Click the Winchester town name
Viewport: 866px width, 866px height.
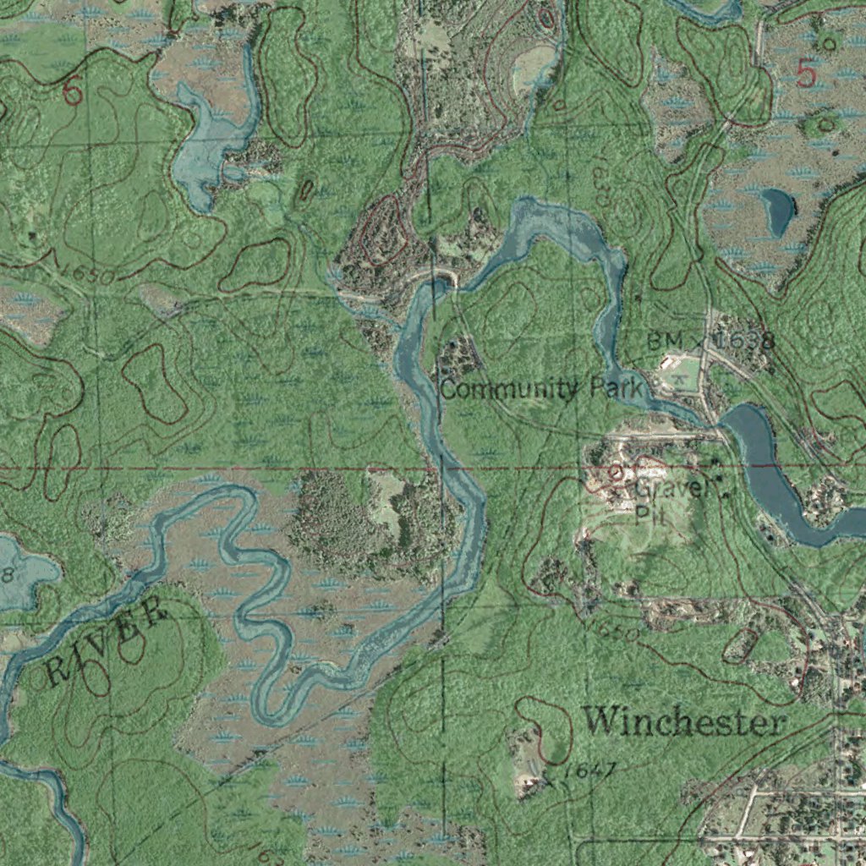pyautogui.click(x=684, y=721)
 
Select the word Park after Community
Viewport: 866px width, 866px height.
pyautogui.click(x=617, y=389)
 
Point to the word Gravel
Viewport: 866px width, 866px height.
pyautogui.click(x=668, y=489)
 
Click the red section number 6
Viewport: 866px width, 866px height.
pyautogui.click(x=74, y=92)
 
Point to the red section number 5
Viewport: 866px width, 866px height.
pyautogui.click(x=807, y=75)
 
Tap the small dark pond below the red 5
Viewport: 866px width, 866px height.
pyautogui.click(x=777, y=211)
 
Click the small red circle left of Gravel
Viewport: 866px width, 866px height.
pyautogui.click(x=616, y=470)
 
